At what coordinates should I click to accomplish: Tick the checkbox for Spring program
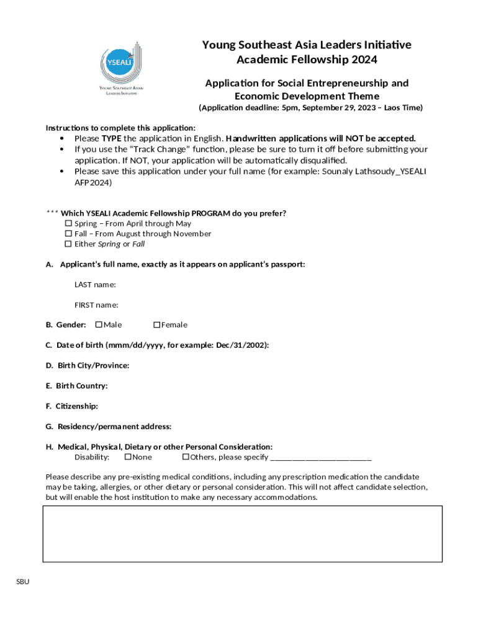[x=69, y=223]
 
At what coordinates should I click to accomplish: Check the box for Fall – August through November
[x=69, y=234]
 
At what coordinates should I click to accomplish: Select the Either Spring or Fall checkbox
[x=69, y=244]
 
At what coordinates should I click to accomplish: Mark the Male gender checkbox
[x=99, y=325]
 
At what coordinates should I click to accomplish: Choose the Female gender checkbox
[x=157, y=325]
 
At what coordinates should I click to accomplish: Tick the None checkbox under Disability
[x=128, y=457]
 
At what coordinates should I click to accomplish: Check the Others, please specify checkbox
[x=186, y=457]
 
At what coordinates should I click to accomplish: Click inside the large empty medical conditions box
[x=242, y=534]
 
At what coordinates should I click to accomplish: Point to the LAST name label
[x=95, y=285]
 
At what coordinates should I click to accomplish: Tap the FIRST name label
[x=96, y=304]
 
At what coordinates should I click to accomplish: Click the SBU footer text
[x=23, y=582]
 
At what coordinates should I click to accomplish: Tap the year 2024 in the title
[x=363, y=60]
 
